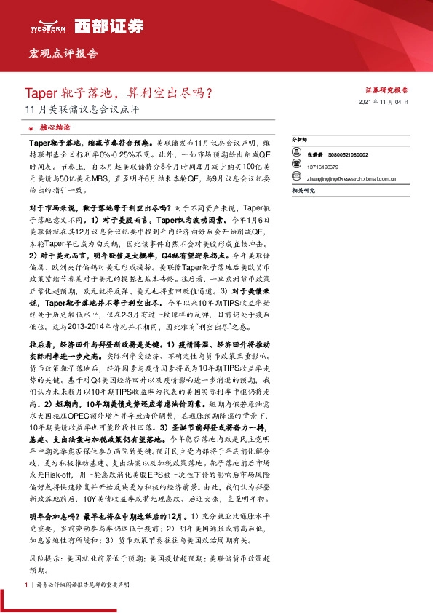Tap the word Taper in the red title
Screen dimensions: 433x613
point(39,93)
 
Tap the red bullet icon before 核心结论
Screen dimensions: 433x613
point(29,127)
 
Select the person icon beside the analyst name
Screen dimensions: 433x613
point(298,155)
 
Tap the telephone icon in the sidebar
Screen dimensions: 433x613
point(298,166)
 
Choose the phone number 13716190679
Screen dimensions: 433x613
point(326,166)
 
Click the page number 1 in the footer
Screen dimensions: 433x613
point(26,585)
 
